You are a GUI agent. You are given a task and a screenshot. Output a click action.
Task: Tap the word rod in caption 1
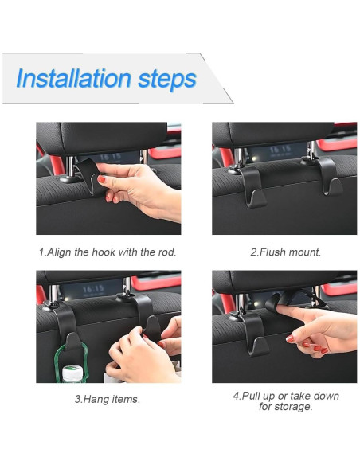click(x=164, y=252)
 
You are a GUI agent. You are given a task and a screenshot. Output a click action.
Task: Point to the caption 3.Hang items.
click(x=107, y=399)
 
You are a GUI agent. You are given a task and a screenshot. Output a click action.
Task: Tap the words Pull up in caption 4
click(x=260, y=396)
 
